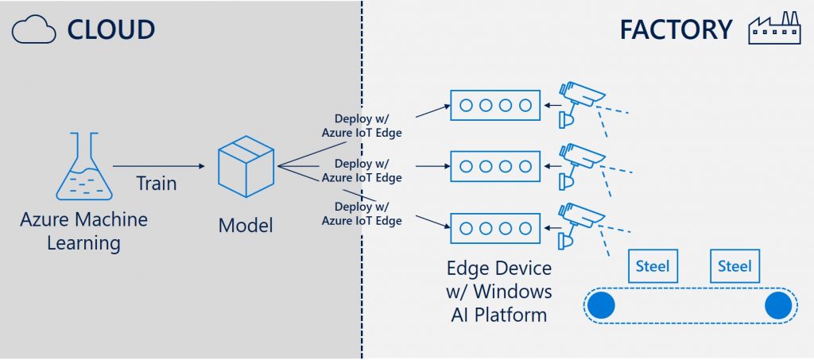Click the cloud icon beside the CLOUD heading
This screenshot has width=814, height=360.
point(34,29)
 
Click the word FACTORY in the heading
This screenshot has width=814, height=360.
point(676,29)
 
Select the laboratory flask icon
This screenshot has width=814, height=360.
point(83,167)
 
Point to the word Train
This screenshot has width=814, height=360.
point(156,183)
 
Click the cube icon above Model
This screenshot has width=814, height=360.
point(246,166)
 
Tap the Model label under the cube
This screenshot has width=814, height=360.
point(246,225)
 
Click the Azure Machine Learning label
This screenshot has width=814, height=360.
point(83,230)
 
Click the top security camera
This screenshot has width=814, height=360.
point(580,100)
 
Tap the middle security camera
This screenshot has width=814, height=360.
point(580,162)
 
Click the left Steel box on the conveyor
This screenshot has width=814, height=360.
point(653,266)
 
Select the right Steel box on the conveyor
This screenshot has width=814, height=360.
point(735,266)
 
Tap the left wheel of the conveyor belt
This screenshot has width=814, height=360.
point(602,304)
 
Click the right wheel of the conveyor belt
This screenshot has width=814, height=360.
point(778,304)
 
